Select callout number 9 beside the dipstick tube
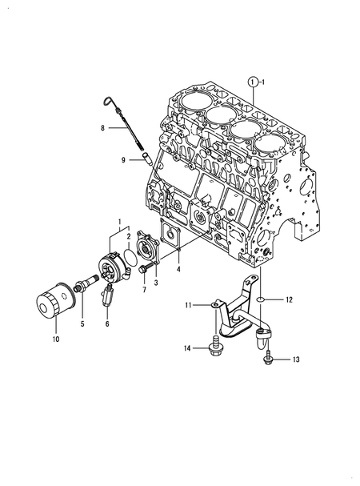click(124, 160)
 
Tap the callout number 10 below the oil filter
click(56, 339)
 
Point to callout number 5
click(81, 324)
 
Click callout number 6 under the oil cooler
click(106, 324)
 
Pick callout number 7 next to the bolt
click(143, 289)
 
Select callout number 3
click(156, 283)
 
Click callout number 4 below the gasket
click(178, 270)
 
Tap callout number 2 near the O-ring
click(129, 236)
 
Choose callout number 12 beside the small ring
click(290, 299)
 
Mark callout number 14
click(188, 347)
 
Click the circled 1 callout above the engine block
click(253, 82)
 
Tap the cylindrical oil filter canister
click(54, 307)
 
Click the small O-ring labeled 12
click(261, 300)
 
